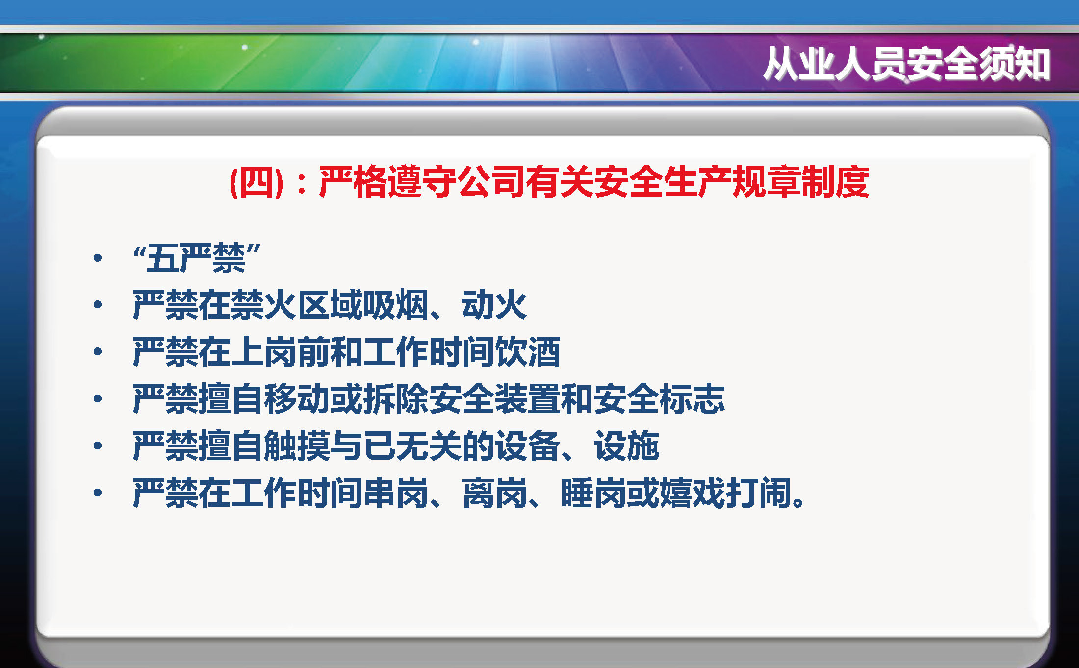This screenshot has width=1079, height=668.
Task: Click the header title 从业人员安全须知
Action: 906,64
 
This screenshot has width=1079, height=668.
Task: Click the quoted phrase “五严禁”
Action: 196,258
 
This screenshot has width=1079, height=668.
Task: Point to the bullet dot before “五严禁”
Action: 98,258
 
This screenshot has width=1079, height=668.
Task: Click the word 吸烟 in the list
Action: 396,305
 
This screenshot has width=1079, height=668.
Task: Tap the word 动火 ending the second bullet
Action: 494,305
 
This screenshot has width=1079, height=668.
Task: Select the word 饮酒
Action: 528,352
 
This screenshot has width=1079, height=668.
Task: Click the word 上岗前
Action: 282,352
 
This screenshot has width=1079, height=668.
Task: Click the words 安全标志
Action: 659,399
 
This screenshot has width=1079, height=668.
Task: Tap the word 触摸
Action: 298,446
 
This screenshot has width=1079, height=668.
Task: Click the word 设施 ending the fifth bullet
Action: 627,446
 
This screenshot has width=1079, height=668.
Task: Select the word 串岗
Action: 396,493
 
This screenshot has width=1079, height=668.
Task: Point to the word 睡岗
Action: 593,493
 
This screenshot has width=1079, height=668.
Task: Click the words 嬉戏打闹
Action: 725,493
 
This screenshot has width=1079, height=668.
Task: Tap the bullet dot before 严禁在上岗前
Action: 98,351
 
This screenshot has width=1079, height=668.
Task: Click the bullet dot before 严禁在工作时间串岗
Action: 98,493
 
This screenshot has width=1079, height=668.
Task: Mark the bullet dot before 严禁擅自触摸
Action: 98,445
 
